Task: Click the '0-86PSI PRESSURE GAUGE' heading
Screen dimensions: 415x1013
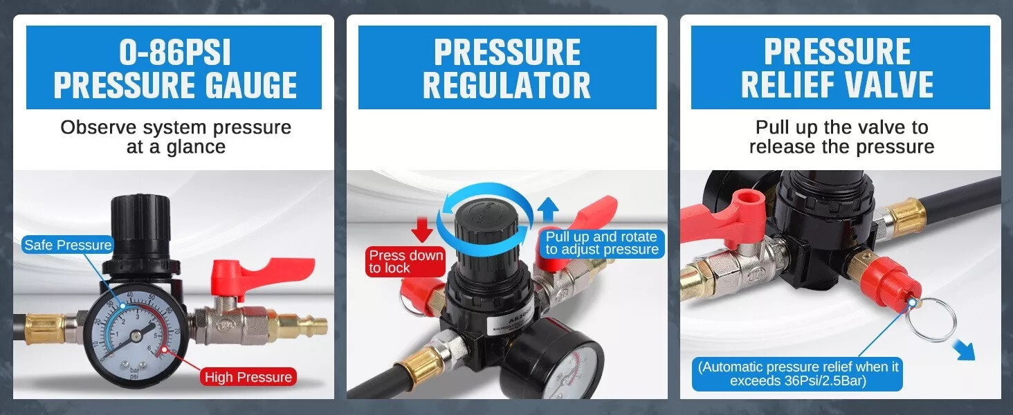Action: coord(174,68)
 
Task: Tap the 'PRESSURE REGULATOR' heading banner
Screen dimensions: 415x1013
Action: coord(506,68)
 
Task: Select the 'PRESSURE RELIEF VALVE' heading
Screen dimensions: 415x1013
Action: coord(839,68)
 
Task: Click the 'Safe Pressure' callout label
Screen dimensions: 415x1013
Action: coord(68,245)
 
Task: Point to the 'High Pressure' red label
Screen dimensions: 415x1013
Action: coord(248,377)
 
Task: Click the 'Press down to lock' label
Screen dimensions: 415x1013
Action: coord(405,261)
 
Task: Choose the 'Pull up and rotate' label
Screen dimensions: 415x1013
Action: coord(601,243)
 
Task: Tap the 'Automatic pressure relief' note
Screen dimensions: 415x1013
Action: coord(798,373)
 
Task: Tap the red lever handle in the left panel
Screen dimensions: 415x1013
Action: coord(271,274)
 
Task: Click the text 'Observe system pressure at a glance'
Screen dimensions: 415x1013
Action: coord(176,137)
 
